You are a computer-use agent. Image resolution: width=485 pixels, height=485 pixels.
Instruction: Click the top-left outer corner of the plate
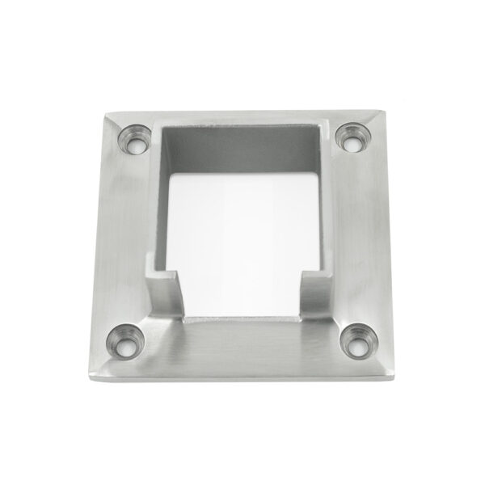tap(102, 116)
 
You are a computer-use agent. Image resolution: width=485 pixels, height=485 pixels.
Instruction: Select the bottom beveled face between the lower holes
tap(242, 344)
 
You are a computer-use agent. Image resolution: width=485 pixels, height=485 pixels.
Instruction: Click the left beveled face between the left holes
tap(121, 242)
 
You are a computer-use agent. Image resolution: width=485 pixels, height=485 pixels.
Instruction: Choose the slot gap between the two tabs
tap(242, 299)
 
